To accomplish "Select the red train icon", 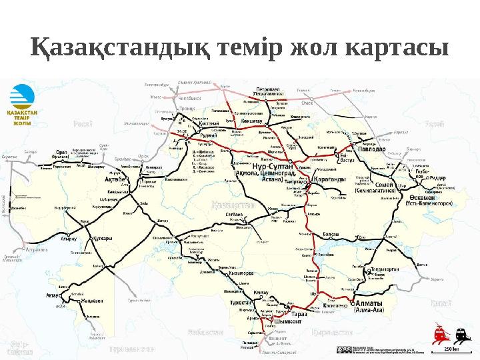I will click(440, 332).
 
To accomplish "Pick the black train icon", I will click(459, 332).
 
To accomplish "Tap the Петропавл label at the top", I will click(274, 89).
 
